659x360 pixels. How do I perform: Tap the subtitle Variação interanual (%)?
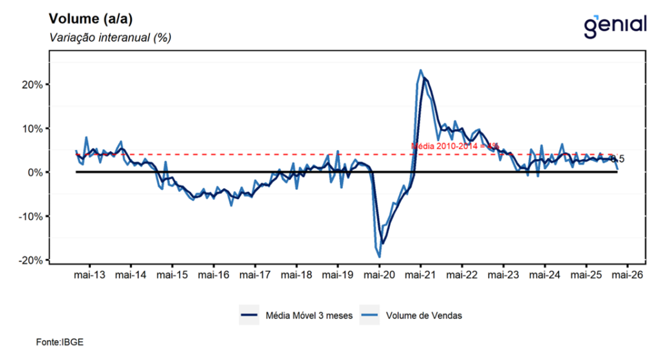coord(109,37)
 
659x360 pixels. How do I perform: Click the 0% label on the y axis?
coord(36,173)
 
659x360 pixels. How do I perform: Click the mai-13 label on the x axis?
coord(89,275)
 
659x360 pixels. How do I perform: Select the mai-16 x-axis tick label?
coord(214,275)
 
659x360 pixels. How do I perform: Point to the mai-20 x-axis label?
coord(379,275)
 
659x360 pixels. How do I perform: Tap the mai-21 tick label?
coord(420,275)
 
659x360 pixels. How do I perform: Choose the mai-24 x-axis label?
coord(544,275)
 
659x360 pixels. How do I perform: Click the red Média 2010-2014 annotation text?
coord(455,146)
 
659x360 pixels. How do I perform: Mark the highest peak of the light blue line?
coord(420,70)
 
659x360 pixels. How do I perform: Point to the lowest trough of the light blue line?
coord(380,257)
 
